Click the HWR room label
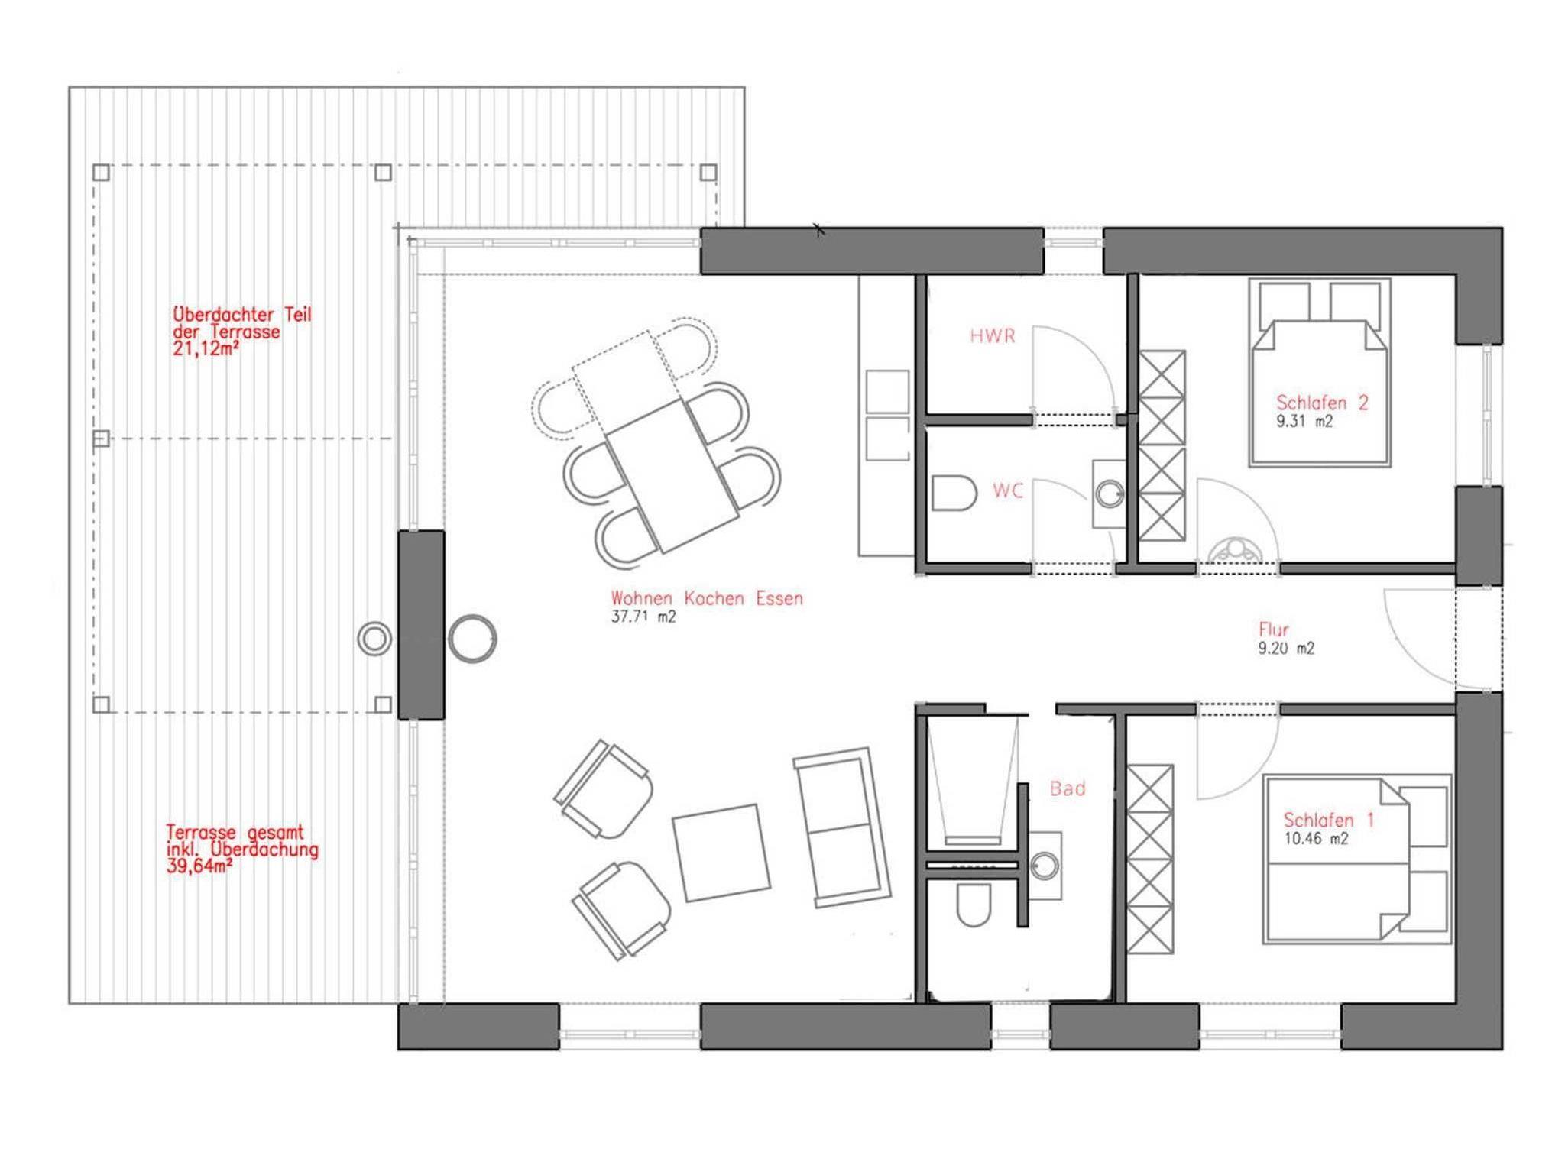993,335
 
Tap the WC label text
1008,491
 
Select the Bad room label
1068,788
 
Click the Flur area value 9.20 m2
1287,649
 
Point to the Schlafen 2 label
1322,403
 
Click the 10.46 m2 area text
1316,838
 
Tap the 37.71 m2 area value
643,617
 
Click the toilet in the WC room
954,494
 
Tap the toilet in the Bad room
973,905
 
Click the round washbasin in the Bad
1044,866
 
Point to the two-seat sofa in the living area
842,827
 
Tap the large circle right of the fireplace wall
472,639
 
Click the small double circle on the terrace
374,639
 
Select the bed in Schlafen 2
1320,372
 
